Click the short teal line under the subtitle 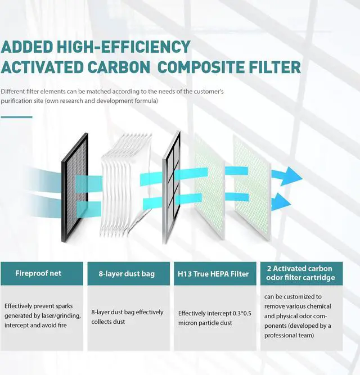(16, 117)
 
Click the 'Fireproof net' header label (39, 274)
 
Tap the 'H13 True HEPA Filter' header (216, 274)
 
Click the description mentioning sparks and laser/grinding (43, 315)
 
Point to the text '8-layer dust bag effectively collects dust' (127, 317)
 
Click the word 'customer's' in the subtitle (208, 91)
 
